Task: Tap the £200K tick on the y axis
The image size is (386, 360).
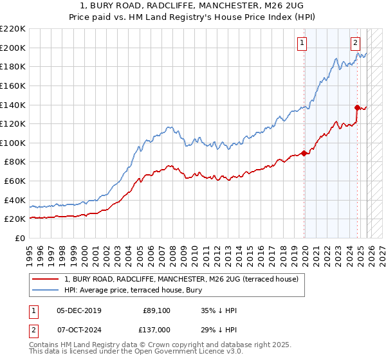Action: click(14, 48)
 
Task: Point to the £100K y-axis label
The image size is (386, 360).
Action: click(14, 143)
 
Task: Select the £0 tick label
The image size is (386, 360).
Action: click(21, 238)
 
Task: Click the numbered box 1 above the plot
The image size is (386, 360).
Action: click(302, 43)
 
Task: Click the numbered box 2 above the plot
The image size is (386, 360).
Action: click(355, 43)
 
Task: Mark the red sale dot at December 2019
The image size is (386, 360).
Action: click(304, 153)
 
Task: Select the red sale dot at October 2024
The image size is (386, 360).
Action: click(357, 107)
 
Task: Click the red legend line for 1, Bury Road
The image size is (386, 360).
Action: click(46, 280)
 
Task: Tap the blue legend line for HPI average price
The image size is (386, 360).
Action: click(46, 290)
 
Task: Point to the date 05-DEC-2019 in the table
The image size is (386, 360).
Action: click(78, 310)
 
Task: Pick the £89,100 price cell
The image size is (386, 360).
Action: click(157, 310)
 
